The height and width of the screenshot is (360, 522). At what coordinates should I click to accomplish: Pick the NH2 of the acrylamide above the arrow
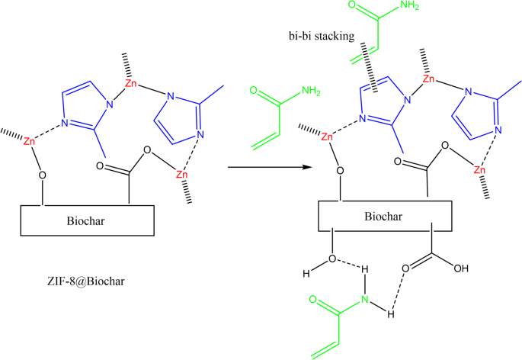(310, 92)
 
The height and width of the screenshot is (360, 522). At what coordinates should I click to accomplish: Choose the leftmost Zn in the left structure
(29, 142)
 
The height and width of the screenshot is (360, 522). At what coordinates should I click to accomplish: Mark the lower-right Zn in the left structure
(182, 175)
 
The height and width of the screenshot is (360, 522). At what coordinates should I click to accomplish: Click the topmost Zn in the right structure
(429, 79)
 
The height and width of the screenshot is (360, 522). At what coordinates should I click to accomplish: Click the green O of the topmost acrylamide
(376, 7)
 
